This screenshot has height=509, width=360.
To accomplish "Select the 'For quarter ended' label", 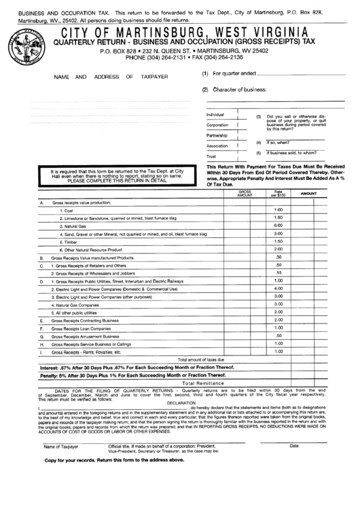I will pos(234,73).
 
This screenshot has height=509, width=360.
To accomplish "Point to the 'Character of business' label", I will pos(238,89).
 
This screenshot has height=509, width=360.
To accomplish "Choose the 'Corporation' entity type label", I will pos(217,125).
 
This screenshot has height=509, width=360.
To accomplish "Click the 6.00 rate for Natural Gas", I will pos(278,225).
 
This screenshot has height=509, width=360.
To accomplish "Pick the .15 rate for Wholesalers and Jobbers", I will pos(278,273).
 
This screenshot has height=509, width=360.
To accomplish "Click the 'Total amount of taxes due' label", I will pos(201,359).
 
